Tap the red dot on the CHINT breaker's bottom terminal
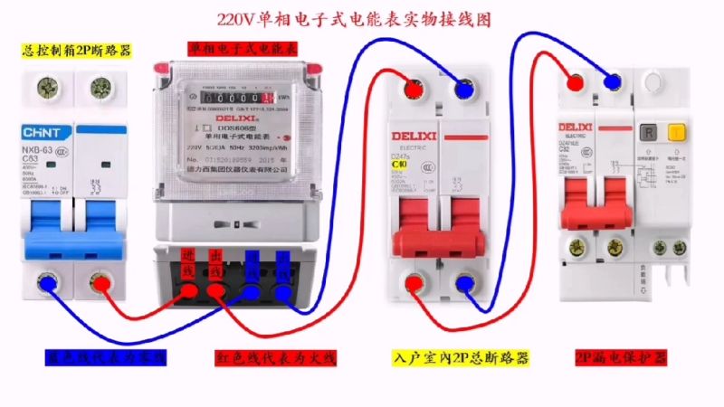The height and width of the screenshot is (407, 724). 95,285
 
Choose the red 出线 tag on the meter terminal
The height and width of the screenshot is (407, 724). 216,261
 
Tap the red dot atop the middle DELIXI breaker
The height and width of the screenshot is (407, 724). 412,90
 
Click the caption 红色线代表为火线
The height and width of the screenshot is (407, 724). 275,359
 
